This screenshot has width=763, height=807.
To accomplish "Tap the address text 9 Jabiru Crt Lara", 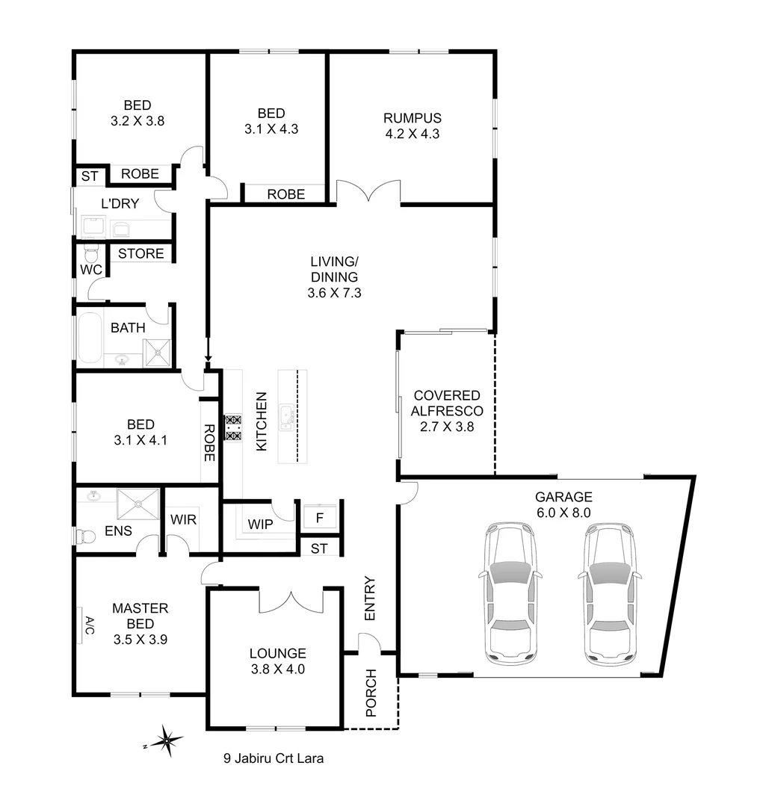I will (274, 758).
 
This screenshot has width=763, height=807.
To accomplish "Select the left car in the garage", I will (510, 593).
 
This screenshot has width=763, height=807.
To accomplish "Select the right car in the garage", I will (609, 593).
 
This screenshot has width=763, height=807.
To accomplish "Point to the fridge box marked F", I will (321, 516).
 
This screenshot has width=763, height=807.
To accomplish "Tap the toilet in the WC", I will (91, 249).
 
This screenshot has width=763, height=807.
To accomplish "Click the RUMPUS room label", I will (412, 118).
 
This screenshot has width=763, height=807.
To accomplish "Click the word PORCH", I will (371, 693).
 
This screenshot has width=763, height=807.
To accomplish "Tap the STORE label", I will (140, 254).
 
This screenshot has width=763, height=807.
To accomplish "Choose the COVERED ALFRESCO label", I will (446, 403).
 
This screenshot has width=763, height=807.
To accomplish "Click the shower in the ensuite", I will (137, 503).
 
